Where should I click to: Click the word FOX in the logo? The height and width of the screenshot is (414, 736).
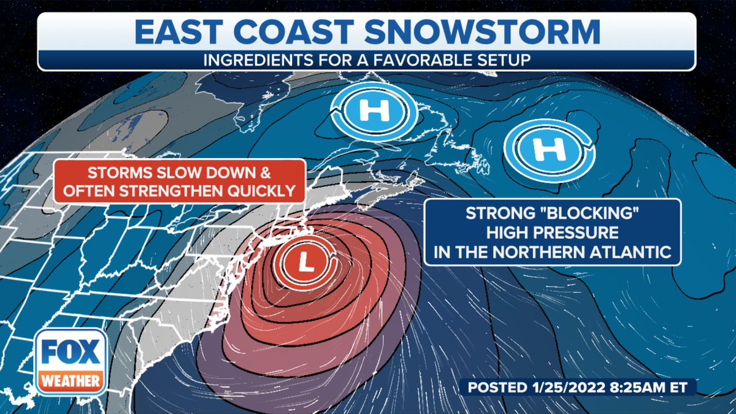click(x=71, y=356)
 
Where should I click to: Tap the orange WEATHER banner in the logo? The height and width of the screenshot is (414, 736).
click(x=71, y=381)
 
